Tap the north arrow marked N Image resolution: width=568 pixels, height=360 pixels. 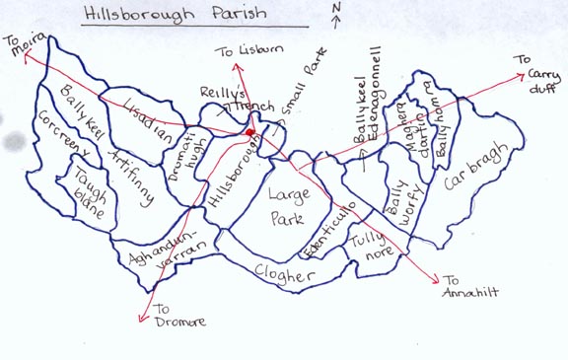336,14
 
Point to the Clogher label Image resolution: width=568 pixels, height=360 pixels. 283,273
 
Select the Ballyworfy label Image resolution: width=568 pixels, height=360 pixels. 402,200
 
